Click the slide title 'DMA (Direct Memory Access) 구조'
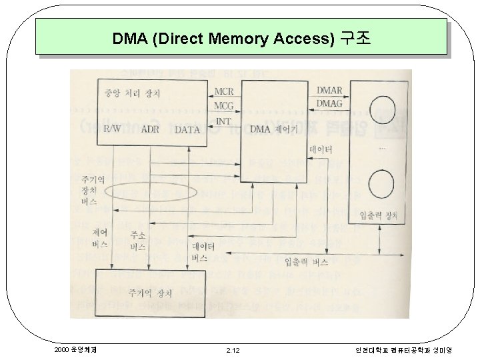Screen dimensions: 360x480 coord(241,38)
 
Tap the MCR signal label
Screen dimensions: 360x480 coord(224,91)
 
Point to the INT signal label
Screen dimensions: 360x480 coord(224,121)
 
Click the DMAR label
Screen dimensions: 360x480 coord(329,91)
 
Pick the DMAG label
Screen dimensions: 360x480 coord(329,103)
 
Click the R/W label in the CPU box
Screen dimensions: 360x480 coord(110,129)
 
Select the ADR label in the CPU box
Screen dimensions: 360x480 coord(150,129)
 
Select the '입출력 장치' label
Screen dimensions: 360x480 coord(379,215)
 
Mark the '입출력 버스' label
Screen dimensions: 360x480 coord(305,262)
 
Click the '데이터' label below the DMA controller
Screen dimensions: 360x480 coord(321,151)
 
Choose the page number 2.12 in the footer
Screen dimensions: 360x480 coord(233,349)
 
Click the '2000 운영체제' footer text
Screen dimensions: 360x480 coord(74,349)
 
